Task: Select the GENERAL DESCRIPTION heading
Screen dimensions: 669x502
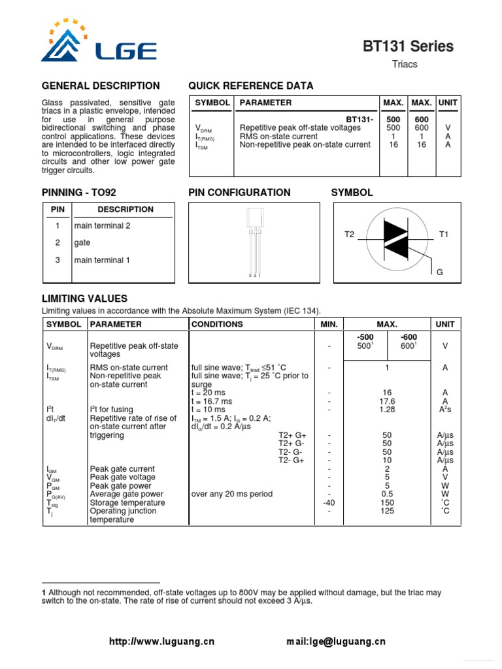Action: point(101,86)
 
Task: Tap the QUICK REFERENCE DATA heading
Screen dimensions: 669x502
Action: point(250,86)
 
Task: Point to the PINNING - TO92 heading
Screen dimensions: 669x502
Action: point(79,192)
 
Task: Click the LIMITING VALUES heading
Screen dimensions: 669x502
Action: point(84,299)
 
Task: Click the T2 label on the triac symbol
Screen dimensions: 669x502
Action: point(349,234)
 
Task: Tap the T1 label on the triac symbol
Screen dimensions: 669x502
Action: point(444,234)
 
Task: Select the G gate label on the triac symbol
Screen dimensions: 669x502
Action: point(440,271)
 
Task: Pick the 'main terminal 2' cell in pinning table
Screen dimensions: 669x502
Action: point(102,225)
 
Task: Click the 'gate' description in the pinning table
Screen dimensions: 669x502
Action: point(82,242)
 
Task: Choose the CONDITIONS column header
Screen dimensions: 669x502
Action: point(217,324)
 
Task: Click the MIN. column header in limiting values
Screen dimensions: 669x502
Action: point(329,324)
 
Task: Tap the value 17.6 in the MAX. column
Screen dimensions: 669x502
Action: point(387,401)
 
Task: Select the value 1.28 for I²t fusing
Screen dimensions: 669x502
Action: point(387,410)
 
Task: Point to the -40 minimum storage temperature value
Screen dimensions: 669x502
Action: point(329,503)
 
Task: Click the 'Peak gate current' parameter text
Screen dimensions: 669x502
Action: point(124,469)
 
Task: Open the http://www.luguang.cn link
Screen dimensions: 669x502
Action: point(161,642)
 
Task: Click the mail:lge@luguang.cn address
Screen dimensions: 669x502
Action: point(336,642)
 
